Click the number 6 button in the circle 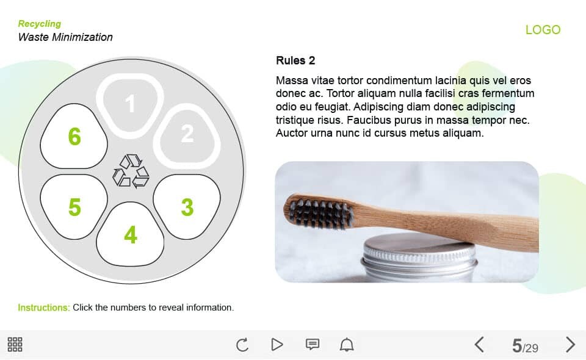74,136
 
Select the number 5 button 74,206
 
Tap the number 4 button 130,234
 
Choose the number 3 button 187,206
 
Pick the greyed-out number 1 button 130,104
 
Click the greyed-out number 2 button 187,134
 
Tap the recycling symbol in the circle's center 131,171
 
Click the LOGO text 543,30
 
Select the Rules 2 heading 295,60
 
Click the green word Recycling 40,24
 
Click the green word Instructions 44,308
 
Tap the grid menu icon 15,344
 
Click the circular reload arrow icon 242,344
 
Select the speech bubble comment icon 313,344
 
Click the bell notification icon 347,344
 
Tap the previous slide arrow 480,344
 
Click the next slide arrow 570,344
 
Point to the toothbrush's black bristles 320,214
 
